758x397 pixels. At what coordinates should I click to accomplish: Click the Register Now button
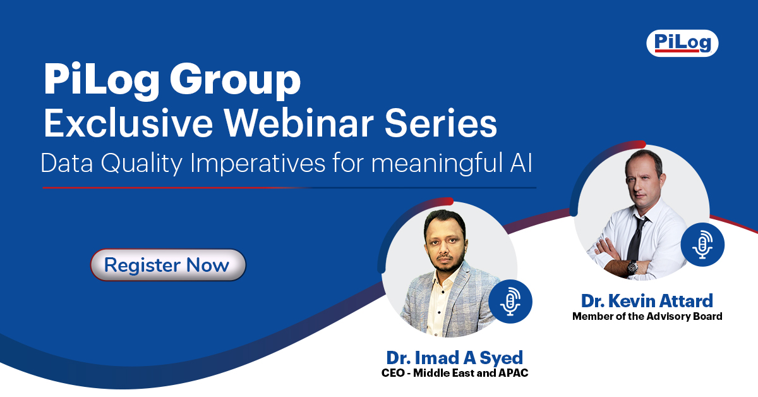[x=168, y=265]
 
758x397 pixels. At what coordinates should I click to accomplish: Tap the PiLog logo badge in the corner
[x=682, y=43]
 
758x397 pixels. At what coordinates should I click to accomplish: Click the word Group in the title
[x=235, y=81]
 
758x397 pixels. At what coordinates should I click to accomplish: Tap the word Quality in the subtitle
[x=141, y=163]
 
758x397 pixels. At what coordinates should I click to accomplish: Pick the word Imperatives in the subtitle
[x=258, y=163]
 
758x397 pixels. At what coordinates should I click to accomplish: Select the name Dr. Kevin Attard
[x=647, y=301]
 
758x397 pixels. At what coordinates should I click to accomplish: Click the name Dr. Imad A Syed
[x=454, y=358]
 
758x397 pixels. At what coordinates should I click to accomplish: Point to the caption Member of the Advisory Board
[x=647, y=316]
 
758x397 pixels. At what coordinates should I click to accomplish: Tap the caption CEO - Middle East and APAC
[x=454, y=373]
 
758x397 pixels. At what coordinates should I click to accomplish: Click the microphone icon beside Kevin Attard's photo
[x=702, y=244]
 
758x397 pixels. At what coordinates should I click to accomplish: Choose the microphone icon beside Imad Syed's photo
[x=510, y=301]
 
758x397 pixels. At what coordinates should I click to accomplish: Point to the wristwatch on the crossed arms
[x=632, y=267]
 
